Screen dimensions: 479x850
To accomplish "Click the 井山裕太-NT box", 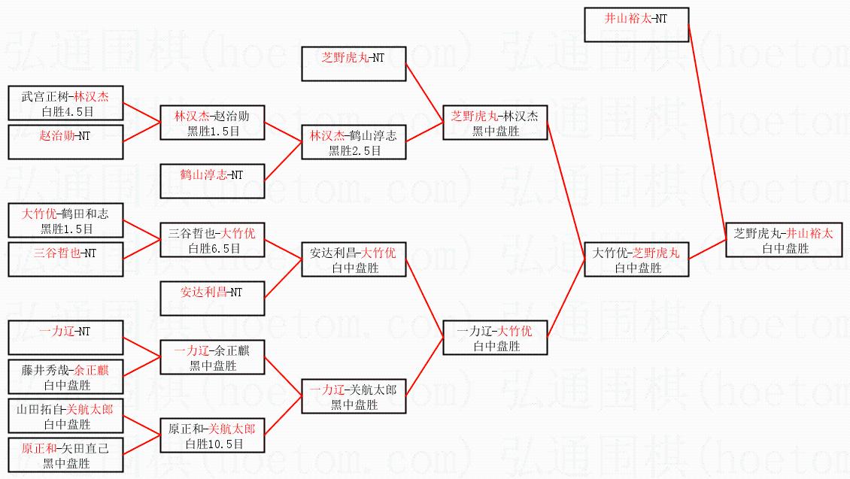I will pos(636,24).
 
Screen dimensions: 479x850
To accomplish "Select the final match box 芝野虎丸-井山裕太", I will pos(782,240).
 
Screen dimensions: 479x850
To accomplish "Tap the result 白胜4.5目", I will pos(65,111).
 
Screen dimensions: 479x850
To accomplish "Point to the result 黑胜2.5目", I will pos(354,150).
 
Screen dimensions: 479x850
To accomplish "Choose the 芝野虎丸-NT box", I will pos(354,64).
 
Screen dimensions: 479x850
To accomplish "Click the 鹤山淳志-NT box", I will pos(212,180).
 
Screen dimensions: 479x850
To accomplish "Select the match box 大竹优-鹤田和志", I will pos(65,221).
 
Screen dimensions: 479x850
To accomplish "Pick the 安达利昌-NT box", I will pos(212,298).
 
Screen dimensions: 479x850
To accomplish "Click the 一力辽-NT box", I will pos(65,337).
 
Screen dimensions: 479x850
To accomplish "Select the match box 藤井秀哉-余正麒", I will pos(65,377).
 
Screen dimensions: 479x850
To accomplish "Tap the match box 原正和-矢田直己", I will pos(65,455).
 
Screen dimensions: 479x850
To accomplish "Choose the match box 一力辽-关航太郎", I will pos(354,397).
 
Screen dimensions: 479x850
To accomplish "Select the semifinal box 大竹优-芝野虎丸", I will pos(636,259).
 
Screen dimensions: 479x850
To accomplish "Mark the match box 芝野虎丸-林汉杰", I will pos(495,123).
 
